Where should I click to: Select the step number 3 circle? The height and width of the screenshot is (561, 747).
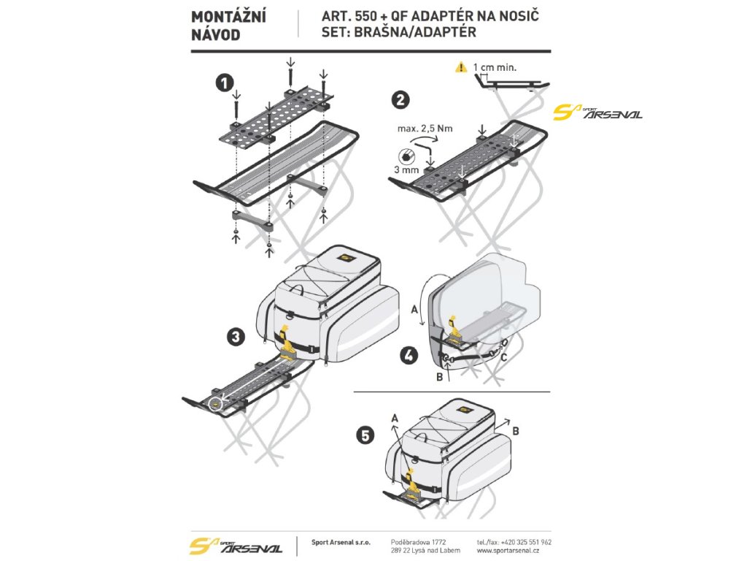236,337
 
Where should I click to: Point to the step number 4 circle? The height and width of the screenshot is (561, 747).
409,356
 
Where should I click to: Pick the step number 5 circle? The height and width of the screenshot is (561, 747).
365,435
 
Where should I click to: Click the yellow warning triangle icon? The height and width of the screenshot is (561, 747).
460,67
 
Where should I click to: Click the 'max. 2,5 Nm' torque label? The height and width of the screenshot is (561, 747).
425,129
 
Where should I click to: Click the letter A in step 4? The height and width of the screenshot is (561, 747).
415,310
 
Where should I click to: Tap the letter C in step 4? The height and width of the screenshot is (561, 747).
503,358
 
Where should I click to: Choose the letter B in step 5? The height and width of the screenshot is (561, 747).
516,431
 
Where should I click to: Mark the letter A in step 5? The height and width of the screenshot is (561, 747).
395,417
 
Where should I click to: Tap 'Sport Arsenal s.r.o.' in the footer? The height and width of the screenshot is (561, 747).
340,543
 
